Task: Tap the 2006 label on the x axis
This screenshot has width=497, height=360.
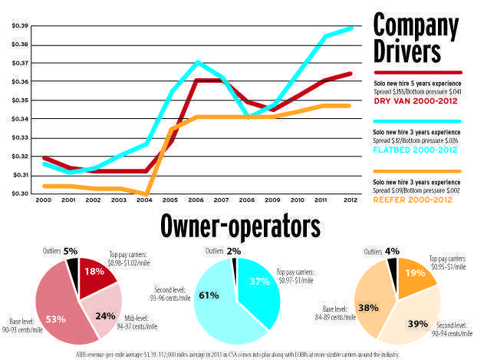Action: [196, 202]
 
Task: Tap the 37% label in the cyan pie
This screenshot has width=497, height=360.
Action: [259, 281]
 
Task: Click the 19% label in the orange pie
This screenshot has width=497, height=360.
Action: [416, 272]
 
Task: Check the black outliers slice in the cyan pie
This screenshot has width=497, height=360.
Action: [233, 263]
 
